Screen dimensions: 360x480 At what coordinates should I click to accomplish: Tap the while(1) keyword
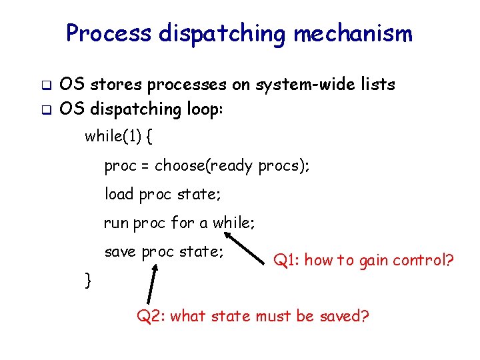(113, 137)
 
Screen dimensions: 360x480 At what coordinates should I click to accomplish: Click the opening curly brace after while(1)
(149, 137)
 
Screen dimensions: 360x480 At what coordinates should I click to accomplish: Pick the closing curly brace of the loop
(87, 280)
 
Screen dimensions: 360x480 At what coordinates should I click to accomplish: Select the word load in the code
(119, 194)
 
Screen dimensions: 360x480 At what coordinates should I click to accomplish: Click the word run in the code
(116, 223)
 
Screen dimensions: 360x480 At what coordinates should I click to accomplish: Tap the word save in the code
(121, 252)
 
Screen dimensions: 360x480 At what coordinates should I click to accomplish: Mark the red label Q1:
(286, 261)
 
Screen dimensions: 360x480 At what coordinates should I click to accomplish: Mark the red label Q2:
(151, 315)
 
